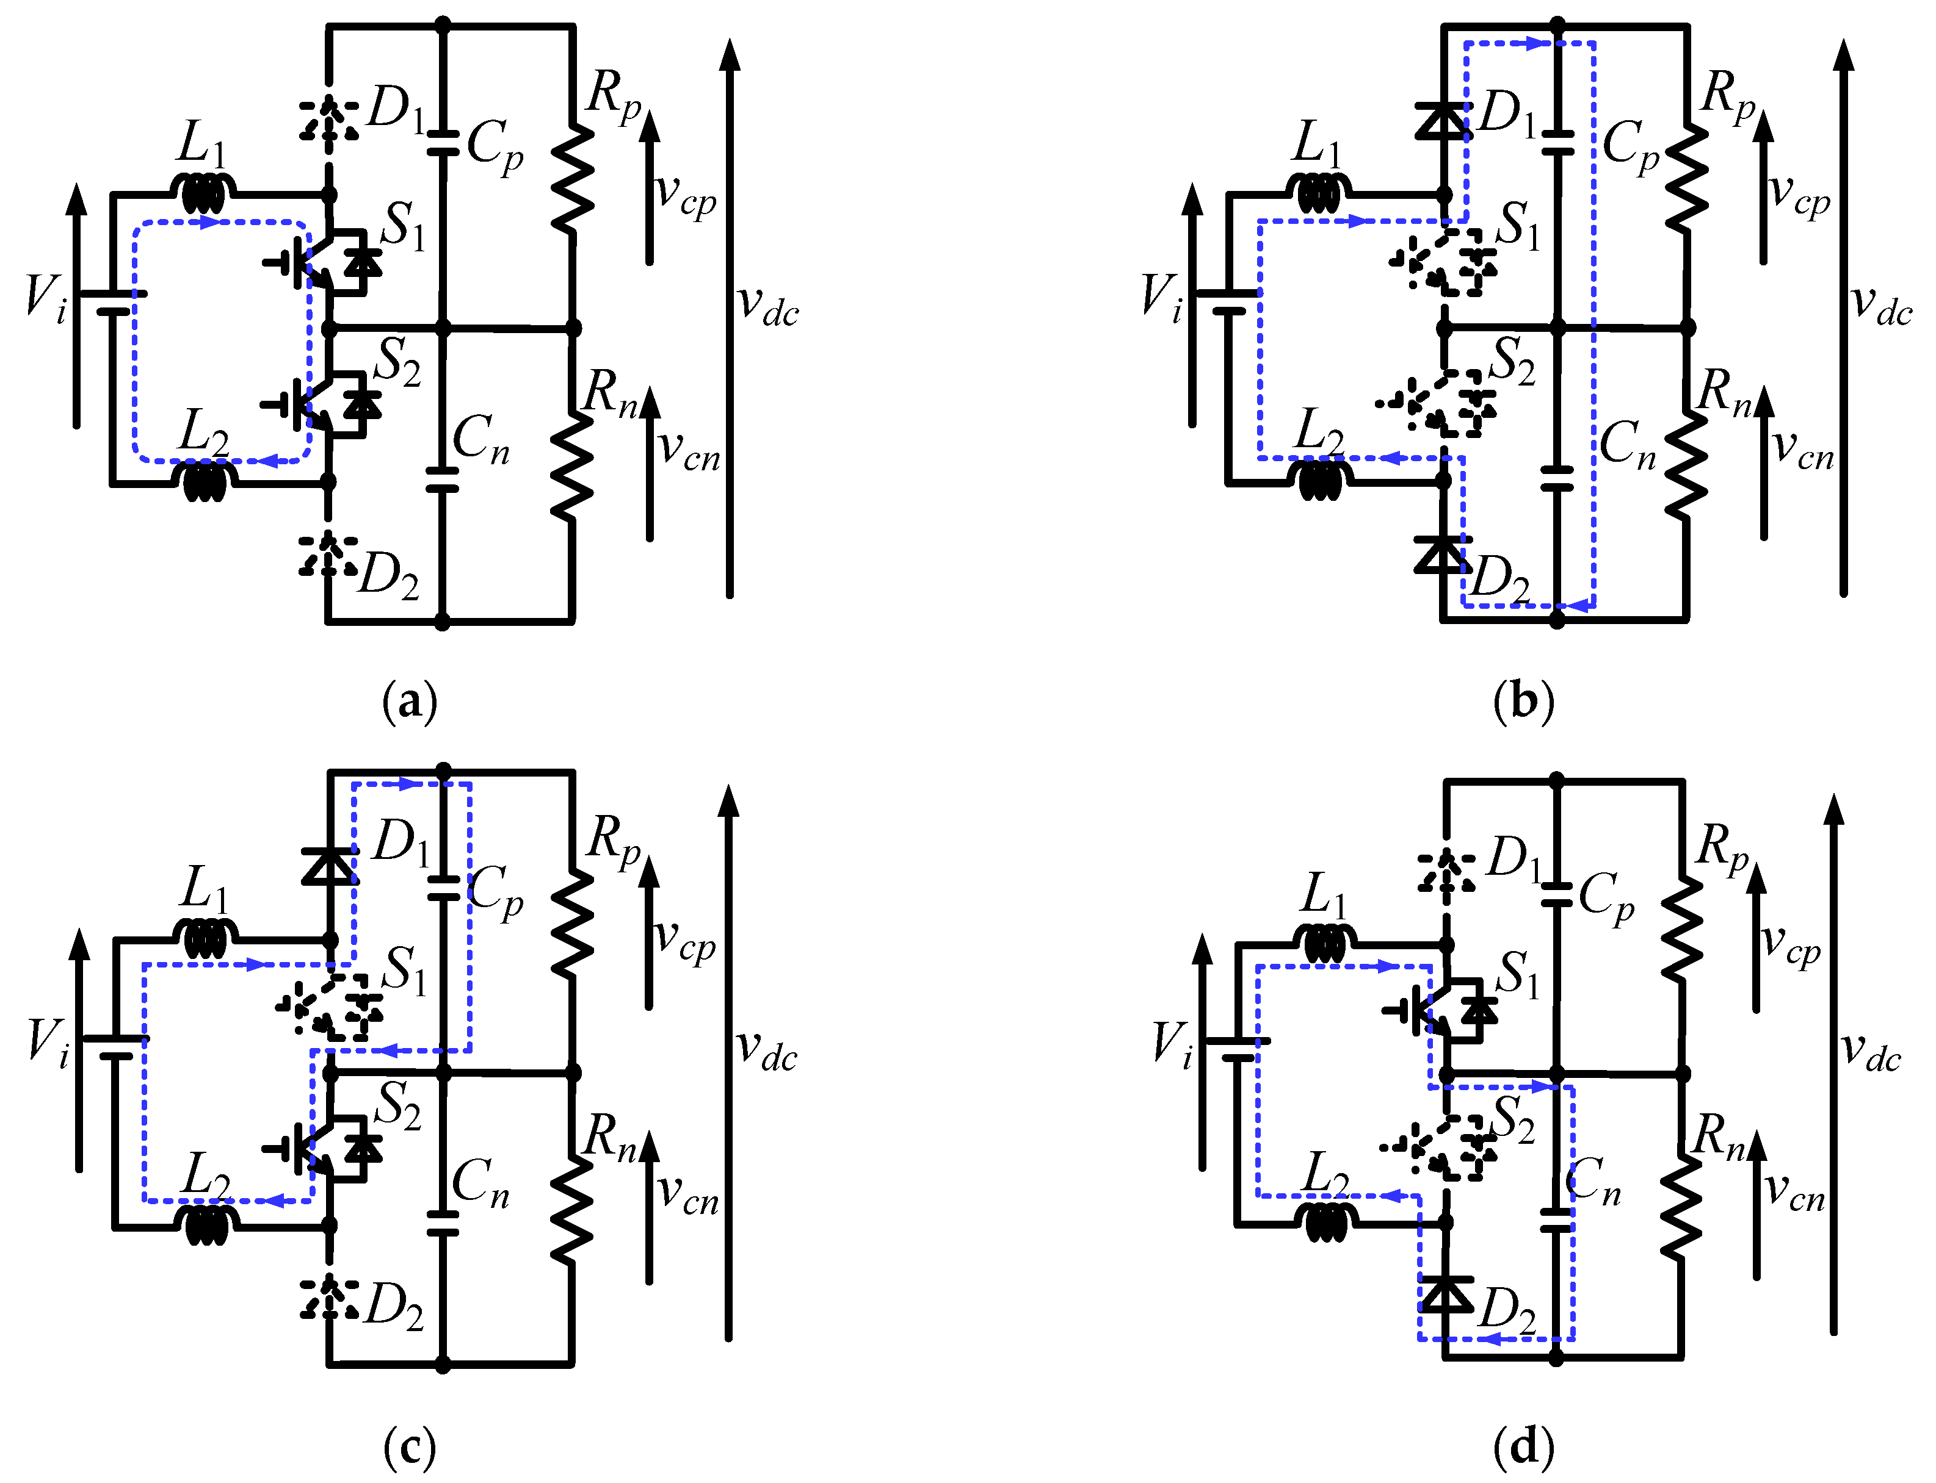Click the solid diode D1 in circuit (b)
1442,121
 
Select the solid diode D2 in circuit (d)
1446,1293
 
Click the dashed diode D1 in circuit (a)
330,119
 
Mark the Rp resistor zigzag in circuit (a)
572,181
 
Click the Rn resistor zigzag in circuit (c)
571,1209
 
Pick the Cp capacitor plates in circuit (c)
443,887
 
